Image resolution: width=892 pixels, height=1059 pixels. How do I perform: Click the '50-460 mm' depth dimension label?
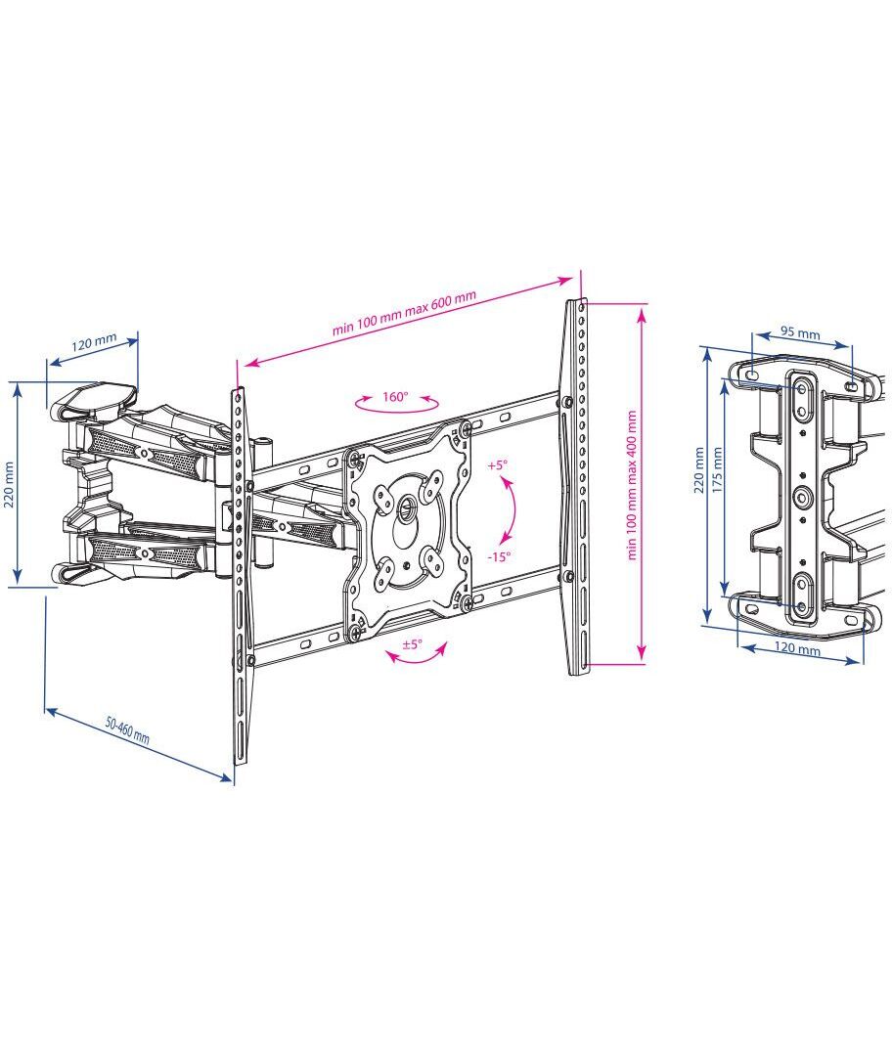127,729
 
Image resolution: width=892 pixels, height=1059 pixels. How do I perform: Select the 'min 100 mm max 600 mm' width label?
404,313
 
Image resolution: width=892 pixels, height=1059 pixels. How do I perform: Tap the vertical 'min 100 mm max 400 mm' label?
633,485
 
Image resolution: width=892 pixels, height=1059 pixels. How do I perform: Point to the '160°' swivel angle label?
395,396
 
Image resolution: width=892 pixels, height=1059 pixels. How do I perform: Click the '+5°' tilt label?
497,465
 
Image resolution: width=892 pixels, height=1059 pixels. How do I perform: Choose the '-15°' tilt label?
499,556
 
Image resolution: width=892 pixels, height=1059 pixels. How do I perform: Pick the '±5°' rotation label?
412,643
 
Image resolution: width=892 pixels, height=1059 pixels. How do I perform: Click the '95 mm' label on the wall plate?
800,332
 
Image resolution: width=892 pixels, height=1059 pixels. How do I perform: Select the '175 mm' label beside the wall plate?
718,468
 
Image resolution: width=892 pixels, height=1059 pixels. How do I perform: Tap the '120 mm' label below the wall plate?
797,648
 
